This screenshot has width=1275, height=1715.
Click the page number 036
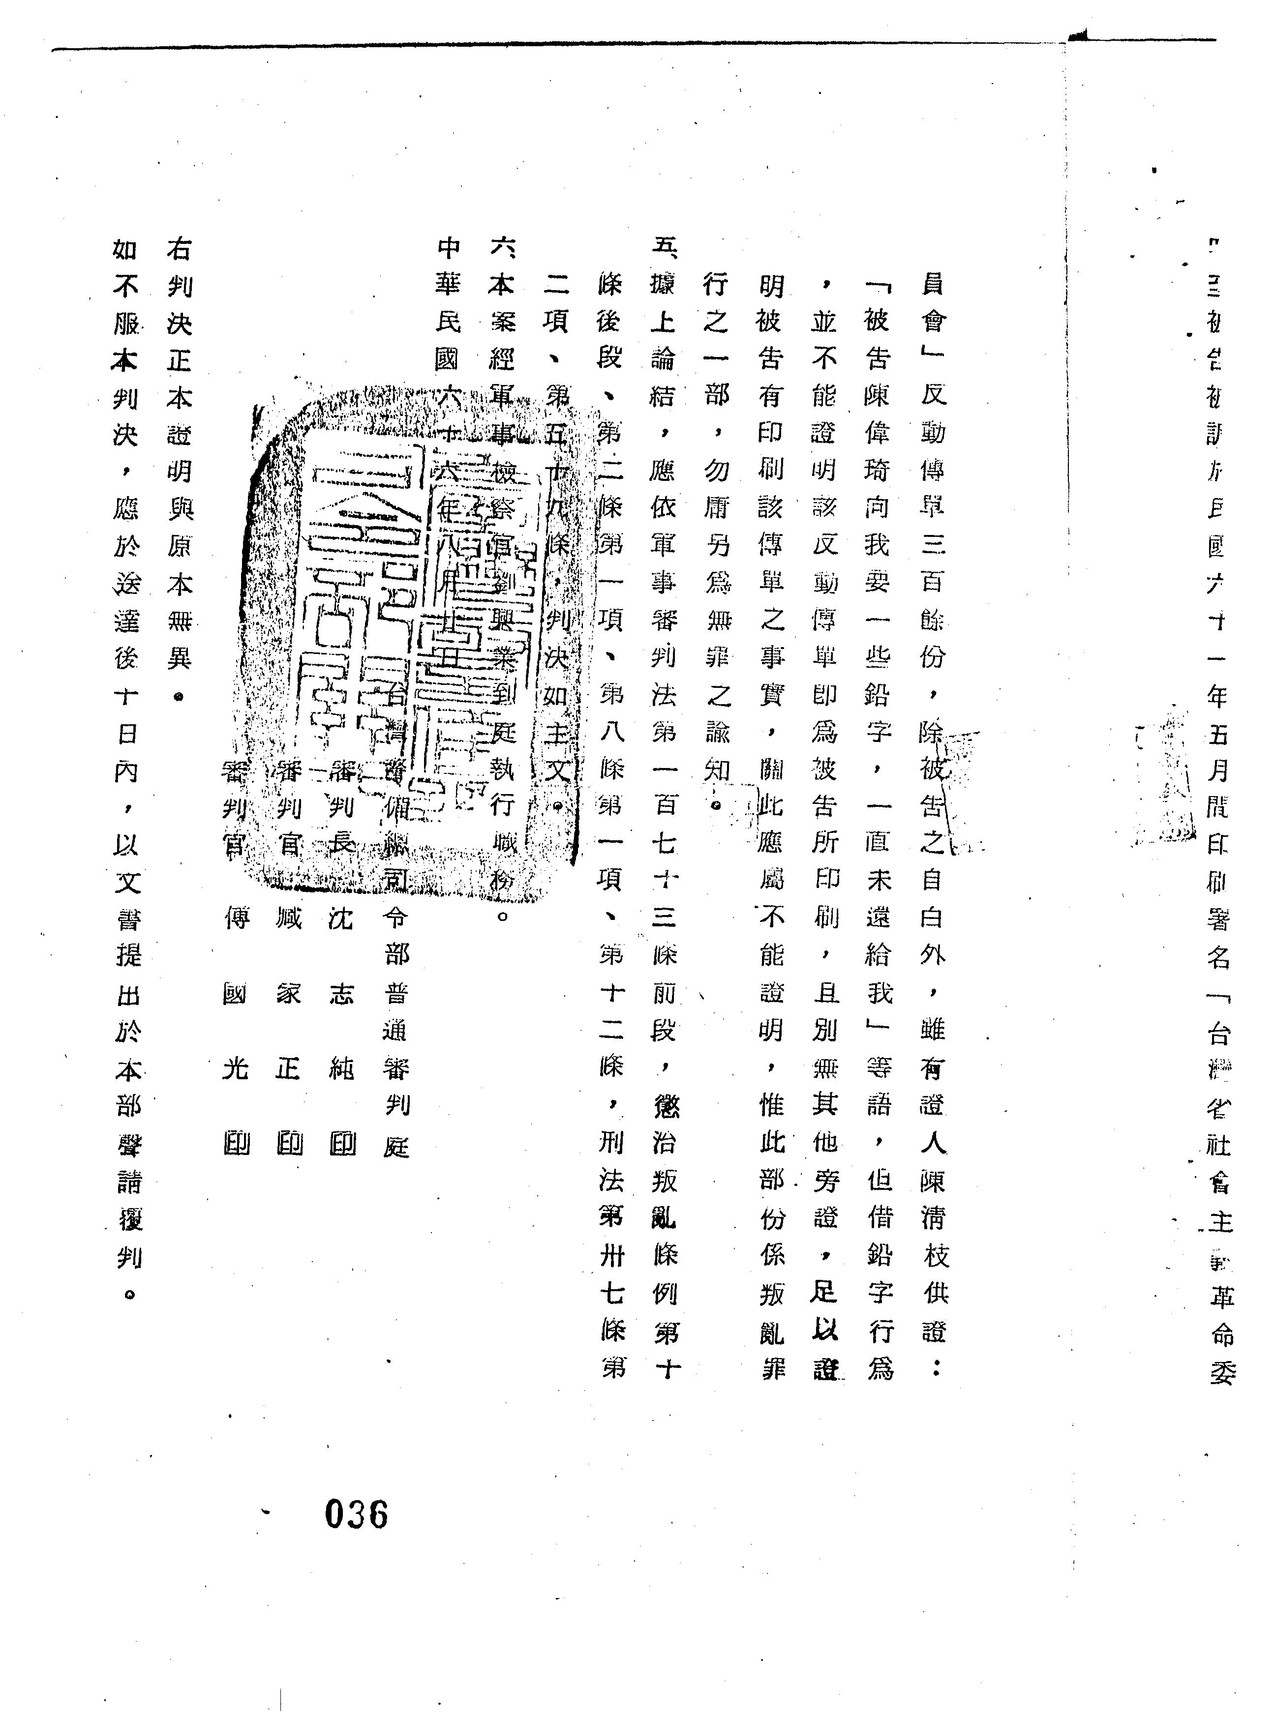click(x=356, y=1513)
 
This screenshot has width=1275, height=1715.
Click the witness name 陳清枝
click(x=933, y=1219)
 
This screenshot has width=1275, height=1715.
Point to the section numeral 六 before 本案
click(x=502, y=248)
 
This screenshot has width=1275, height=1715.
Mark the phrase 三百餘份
click(x=932, y=602)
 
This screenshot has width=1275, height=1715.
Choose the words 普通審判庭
click(x=396, y=1068)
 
